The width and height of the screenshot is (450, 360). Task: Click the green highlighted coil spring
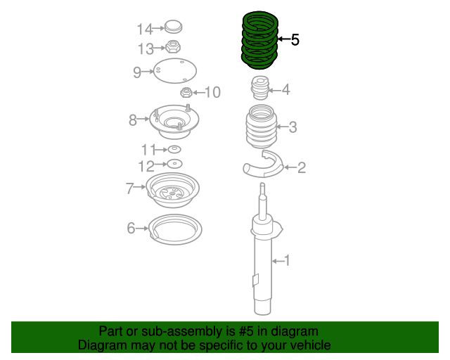click(259, 39)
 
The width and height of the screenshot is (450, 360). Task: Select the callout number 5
click(295, 40)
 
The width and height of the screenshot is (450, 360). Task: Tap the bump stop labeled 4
click(260, 90)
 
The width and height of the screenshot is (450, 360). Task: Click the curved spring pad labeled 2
click(262, 165)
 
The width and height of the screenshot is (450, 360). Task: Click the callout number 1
click(286, 261)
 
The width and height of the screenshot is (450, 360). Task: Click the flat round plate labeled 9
click(174, 72)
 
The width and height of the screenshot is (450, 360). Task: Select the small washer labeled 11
click(174, 150)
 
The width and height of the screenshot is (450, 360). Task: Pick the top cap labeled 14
click(172, 29)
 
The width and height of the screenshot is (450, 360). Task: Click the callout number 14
click(144, 29)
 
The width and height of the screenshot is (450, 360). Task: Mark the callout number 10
click(212, 92)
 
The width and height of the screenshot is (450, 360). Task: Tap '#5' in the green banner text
click(228, 331)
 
